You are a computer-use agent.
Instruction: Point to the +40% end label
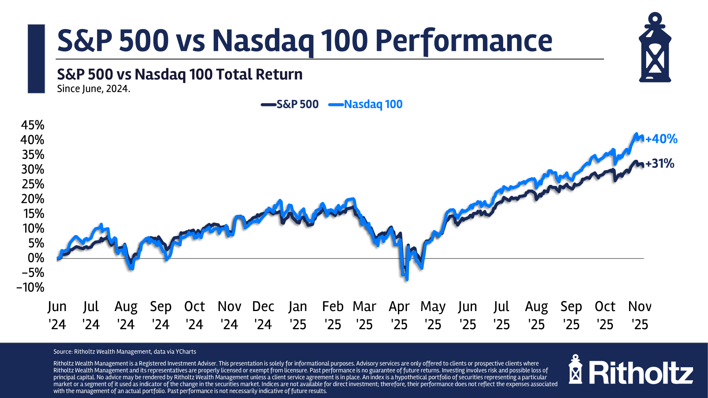click(661, 139)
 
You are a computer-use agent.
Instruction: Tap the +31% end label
click(660, 163)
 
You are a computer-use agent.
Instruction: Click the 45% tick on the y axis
click(32, 125)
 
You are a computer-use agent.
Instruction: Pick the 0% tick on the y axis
click(36, 258)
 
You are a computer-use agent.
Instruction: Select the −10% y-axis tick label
click(30, 287)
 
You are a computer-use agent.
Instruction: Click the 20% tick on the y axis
click(32, 199)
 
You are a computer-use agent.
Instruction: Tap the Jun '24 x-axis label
click(57, 315)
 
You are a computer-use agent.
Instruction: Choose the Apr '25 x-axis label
click(399, 315)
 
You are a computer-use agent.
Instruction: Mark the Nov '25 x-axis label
click(640, 315)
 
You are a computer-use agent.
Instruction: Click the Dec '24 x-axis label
click(263, 315)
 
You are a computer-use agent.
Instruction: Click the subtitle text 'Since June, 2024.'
click(94, 89)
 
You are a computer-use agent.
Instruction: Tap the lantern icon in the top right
click(655, 48)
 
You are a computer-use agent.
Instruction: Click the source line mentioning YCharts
click(125, 352)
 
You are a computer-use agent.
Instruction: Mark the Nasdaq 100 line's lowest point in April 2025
click(406, 279)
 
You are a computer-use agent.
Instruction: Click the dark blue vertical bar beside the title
click(36, 59)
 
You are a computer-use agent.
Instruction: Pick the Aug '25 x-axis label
click(536, 315)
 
